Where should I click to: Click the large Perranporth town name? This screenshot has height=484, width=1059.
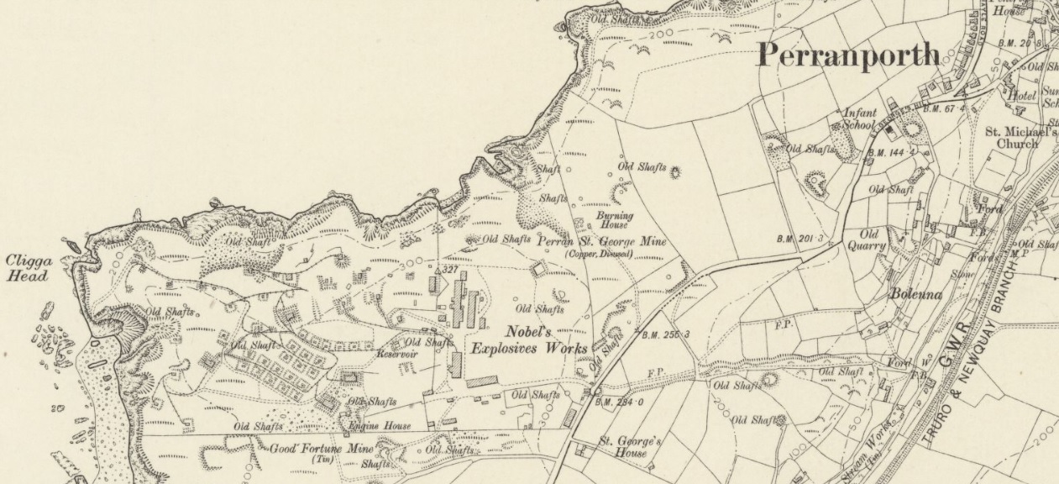[848, 55]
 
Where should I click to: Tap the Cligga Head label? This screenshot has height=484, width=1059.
[29, 267]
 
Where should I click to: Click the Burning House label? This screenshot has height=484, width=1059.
[614, 220]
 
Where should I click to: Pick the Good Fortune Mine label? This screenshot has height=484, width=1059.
[321, 449]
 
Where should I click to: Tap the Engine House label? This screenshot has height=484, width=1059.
[380, 426]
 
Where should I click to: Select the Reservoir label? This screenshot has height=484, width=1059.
[397, 354]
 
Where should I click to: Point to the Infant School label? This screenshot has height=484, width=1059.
[860, 118]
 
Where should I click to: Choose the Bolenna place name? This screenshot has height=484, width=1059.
[919, 296]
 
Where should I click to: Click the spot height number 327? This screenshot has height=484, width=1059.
[448, 270]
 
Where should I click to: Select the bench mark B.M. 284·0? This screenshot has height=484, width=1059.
[619, 402]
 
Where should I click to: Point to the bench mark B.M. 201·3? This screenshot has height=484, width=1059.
[799, 239]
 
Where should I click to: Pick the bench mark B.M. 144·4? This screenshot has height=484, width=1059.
[890, 153]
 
